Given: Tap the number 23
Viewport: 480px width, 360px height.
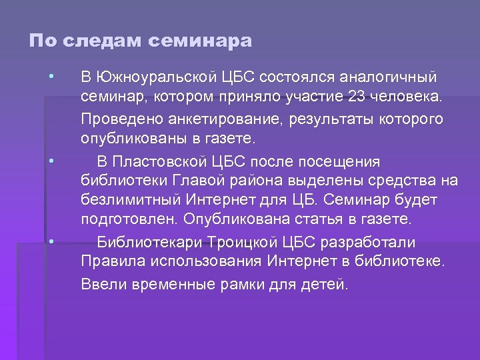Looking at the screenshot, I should (356, 98).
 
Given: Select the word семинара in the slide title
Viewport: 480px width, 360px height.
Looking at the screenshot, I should (201, 41).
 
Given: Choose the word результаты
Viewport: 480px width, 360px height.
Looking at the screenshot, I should (319, 119).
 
